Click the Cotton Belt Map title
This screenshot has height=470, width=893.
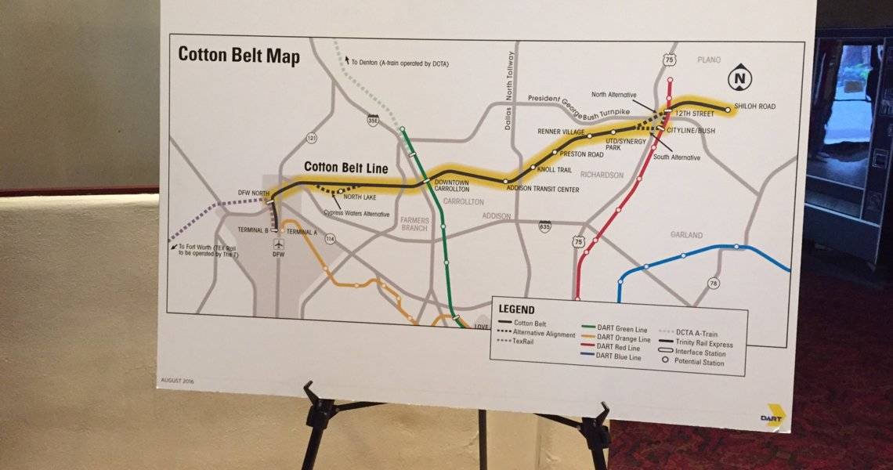point(239,56)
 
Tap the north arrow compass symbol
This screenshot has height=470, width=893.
point(737,78)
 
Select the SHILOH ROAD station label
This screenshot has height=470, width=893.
point(754,107)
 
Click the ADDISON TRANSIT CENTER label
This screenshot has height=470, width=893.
point(542,189)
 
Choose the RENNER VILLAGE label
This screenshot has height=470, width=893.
point(561,132)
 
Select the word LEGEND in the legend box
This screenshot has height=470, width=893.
point(516,310)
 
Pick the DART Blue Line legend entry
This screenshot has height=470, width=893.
point(619,356)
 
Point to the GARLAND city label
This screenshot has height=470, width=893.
point(686,235)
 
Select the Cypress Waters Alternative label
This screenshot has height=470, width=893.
point(357,214)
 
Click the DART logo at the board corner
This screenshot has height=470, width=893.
point(774,414)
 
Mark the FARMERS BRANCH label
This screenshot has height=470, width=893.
point(415,223)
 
